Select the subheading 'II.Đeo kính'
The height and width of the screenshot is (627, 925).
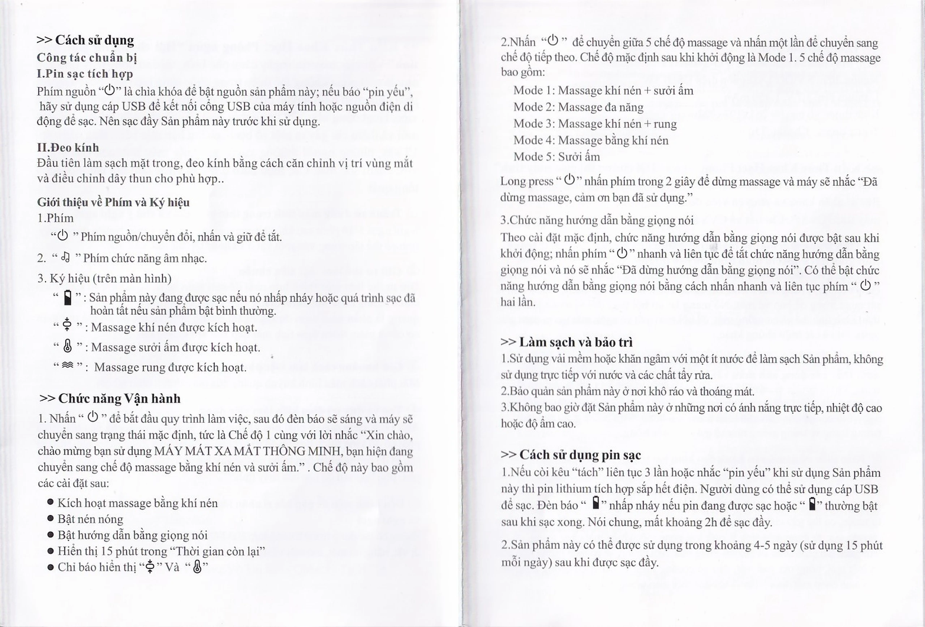pos(68,148)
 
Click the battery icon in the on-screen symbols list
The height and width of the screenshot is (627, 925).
pos(68,298)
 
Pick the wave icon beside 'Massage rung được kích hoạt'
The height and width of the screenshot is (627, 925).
pos(68,365)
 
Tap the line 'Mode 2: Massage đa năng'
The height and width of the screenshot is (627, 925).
pos(578,107)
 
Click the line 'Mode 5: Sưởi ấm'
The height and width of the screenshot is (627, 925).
pos(556,157)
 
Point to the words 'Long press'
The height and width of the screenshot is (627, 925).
pos(526,181)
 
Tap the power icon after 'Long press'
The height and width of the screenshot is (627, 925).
pos(569,180)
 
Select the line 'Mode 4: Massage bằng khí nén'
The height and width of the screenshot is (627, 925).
pos(591,140)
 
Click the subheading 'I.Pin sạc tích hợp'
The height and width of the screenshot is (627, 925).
pos(85,74)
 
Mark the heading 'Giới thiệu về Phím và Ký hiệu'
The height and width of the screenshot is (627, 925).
pos(113,202)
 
